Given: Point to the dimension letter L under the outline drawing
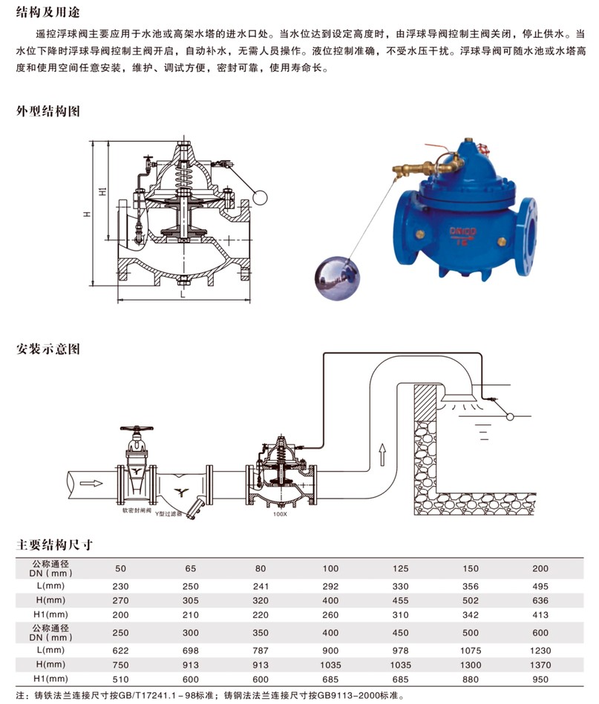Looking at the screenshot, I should pyautogui.click(x=182, y=295).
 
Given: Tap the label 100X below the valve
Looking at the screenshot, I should pyautogui.click(x=279, y=513).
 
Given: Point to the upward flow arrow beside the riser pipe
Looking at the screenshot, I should pyautogui.click(x=383, y=450).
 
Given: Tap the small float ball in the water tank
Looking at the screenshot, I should pyautogui.click(x=510, y=416).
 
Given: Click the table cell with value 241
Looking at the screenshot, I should pyautogui.click(x=261, y=586).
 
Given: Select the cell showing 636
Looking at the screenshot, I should pyautogui.click(x=541, y=599).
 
